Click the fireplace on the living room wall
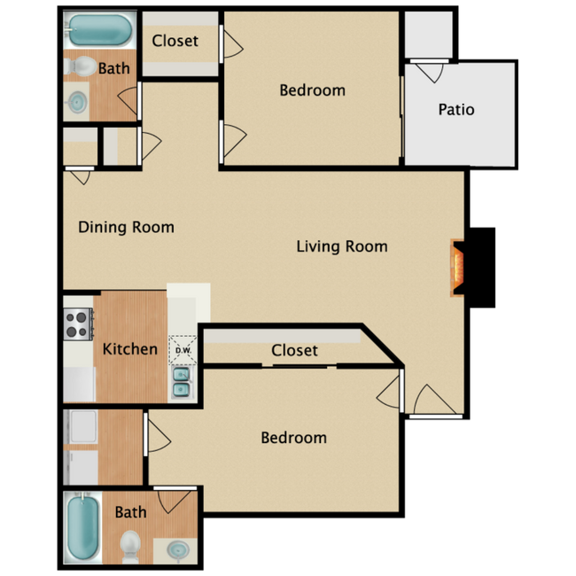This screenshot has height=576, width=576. pos(457,267)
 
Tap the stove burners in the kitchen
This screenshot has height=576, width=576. pos(77,323)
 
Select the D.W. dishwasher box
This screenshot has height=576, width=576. pos(183,349)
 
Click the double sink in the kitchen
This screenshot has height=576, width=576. pos(183,383)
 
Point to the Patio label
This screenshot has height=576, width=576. pos(456,110)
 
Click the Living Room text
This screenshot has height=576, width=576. pos(341,246)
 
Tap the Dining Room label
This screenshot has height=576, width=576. pos(126,227)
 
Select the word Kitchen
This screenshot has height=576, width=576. pos(130,349)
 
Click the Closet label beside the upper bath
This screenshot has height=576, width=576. pos(175,41)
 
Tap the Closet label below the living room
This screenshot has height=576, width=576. pos(294,350)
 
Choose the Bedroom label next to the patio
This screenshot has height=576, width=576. pos(312,90)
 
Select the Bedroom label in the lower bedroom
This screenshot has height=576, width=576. pos(293,438)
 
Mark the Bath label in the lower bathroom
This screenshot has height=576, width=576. pos(130,511)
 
